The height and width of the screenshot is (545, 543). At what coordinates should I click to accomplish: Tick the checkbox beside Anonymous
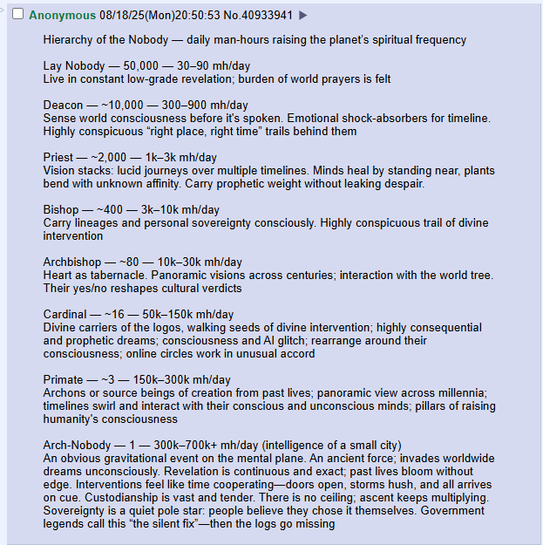(17, 15)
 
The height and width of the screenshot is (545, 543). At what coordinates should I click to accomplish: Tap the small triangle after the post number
(303, 15)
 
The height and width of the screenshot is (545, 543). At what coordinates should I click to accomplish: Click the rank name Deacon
(64, 105)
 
